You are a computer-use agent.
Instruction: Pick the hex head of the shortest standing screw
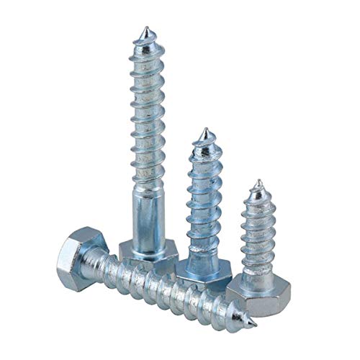(259, 292)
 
